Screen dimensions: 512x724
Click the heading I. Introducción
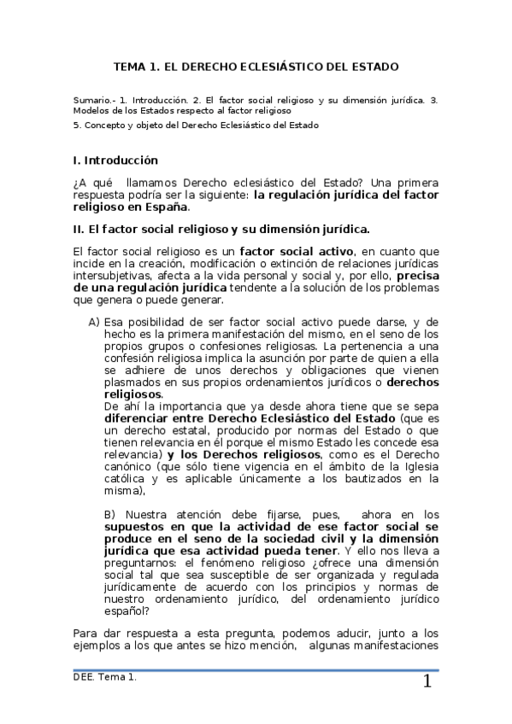click(116, 160)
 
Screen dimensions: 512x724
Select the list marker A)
click(94, 321)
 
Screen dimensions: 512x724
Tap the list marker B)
click(109, 514)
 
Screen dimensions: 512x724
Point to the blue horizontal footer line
click(256, 669)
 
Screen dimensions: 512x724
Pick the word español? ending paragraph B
click(127, 610)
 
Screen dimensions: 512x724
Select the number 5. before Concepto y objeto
click(78, 125)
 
